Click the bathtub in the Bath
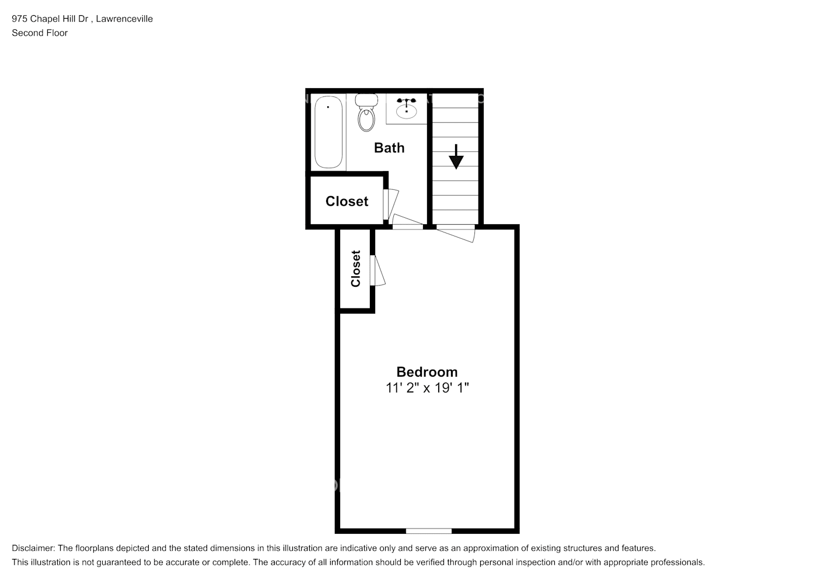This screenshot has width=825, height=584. point(328,132)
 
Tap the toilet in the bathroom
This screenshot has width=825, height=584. point(366,114)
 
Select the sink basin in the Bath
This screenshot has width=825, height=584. point(406,109)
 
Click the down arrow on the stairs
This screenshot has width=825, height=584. point(456,157)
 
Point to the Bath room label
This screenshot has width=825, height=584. point(389,148)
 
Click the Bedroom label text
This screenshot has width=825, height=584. point(427,372)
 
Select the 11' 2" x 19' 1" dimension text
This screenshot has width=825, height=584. point(427,387)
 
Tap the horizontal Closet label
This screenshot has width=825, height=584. point(347,201)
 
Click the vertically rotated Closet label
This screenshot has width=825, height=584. point(356,269)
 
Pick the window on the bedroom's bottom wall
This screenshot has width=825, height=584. point(429,531)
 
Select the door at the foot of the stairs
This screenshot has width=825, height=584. point(456,232)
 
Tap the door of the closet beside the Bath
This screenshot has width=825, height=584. point(390,203)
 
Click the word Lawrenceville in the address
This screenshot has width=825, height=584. point(124,19)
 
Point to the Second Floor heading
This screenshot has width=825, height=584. point(40,33)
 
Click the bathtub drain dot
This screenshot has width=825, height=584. point(328,107)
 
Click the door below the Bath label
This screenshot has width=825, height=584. point(408,221)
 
